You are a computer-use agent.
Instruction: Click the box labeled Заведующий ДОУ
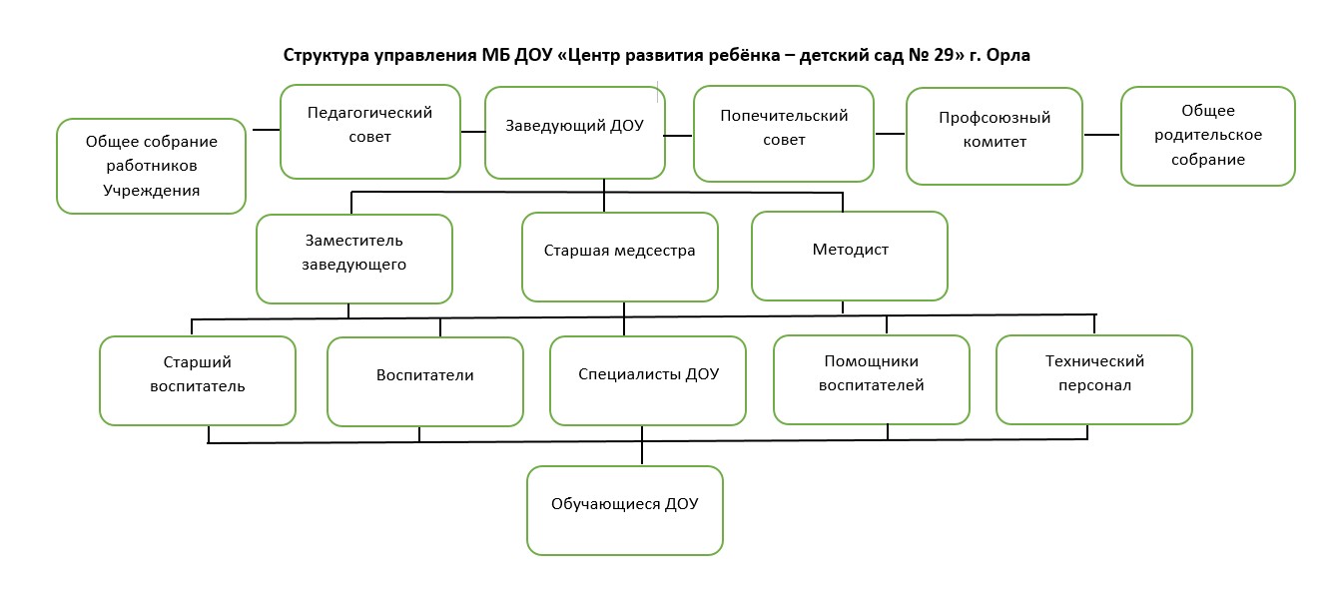point(575,133)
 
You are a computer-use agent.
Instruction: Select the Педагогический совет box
point(370,132)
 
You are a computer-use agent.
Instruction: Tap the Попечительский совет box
point(784,134)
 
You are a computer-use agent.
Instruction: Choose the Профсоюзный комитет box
point(995,137)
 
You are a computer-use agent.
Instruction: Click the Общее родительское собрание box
point(1208,137)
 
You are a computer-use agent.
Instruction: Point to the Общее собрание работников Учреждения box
point(152,167)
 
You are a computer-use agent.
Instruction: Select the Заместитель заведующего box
point(354,260)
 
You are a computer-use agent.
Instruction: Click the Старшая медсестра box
point(620,258)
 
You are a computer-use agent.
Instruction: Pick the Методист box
point(850,257)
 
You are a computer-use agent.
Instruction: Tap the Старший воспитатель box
point(198,380)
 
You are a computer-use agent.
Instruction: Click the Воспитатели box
point(425,382)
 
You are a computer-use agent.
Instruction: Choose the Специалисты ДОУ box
point(648,380)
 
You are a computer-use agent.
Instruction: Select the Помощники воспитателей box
point(872,379)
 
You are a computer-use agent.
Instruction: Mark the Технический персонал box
point(1094,379)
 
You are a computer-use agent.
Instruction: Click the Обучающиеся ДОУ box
point(625,511)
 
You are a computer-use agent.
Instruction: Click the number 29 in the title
point(944,56)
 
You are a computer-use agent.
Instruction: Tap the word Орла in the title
point(1008,56)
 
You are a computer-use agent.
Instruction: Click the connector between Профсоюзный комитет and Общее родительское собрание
point(1101,135)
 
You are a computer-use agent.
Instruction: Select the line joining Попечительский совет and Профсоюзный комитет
point(890,134)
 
